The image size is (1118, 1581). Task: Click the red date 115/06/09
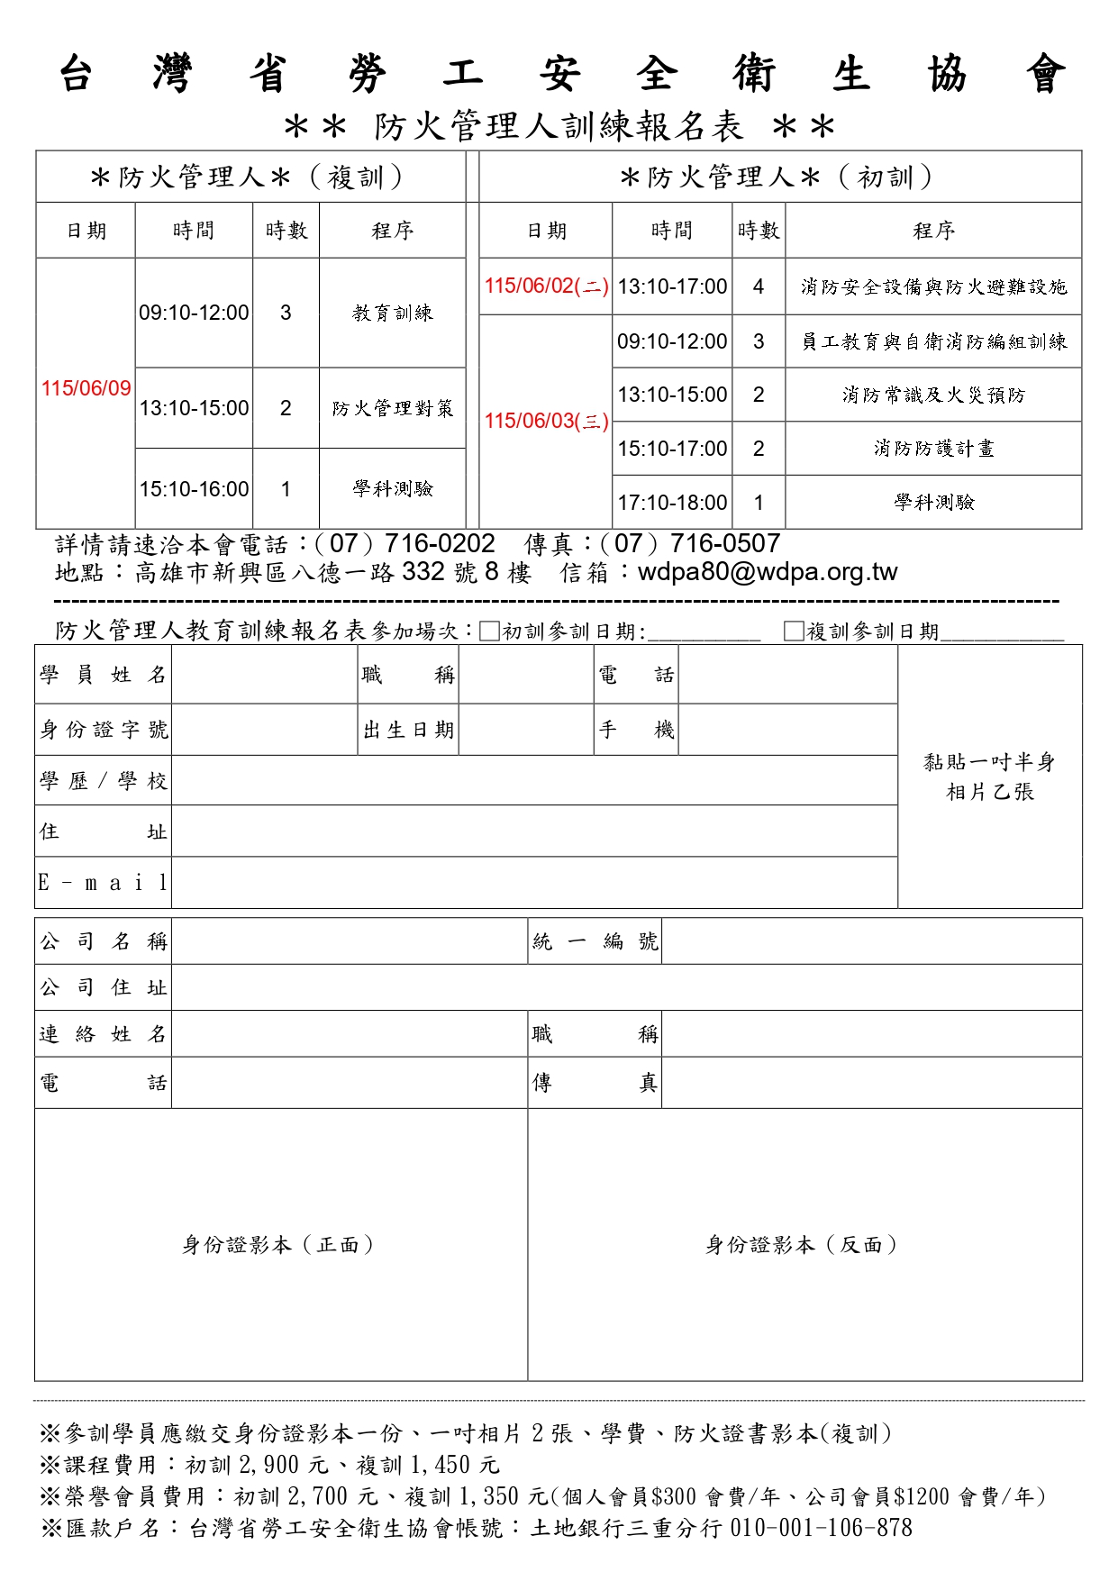(86, 388)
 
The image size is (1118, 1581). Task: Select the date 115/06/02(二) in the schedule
(546, 286)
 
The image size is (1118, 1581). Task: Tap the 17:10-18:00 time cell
(672, 503)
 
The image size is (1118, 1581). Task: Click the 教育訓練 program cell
(393, 313)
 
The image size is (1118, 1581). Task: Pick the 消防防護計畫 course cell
(933, 449)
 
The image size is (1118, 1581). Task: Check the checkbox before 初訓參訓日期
(489, 631)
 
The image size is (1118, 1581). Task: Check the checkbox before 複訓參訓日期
(794, 631)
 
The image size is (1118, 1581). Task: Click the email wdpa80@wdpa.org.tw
(768, 572)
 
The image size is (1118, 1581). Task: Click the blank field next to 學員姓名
(265, 675)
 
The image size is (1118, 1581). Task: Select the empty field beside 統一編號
(871, 941)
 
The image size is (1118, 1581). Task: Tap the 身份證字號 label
(104, 730)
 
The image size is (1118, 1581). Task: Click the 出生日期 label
(408, 730)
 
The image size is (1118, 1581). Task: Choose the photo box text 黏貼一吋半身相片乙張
(989, 777)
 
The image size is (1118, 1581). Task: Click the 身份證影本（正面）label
(278, 1245)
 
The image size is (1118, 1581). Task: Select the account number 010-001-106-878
(821, 1528)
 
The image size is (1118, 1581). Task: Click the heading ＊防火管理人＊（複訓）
(250, 177)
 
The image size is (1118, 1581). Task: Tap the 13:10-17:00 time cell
(672, 286)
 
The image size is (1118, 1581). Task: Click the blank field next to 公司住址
(626, 987)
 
